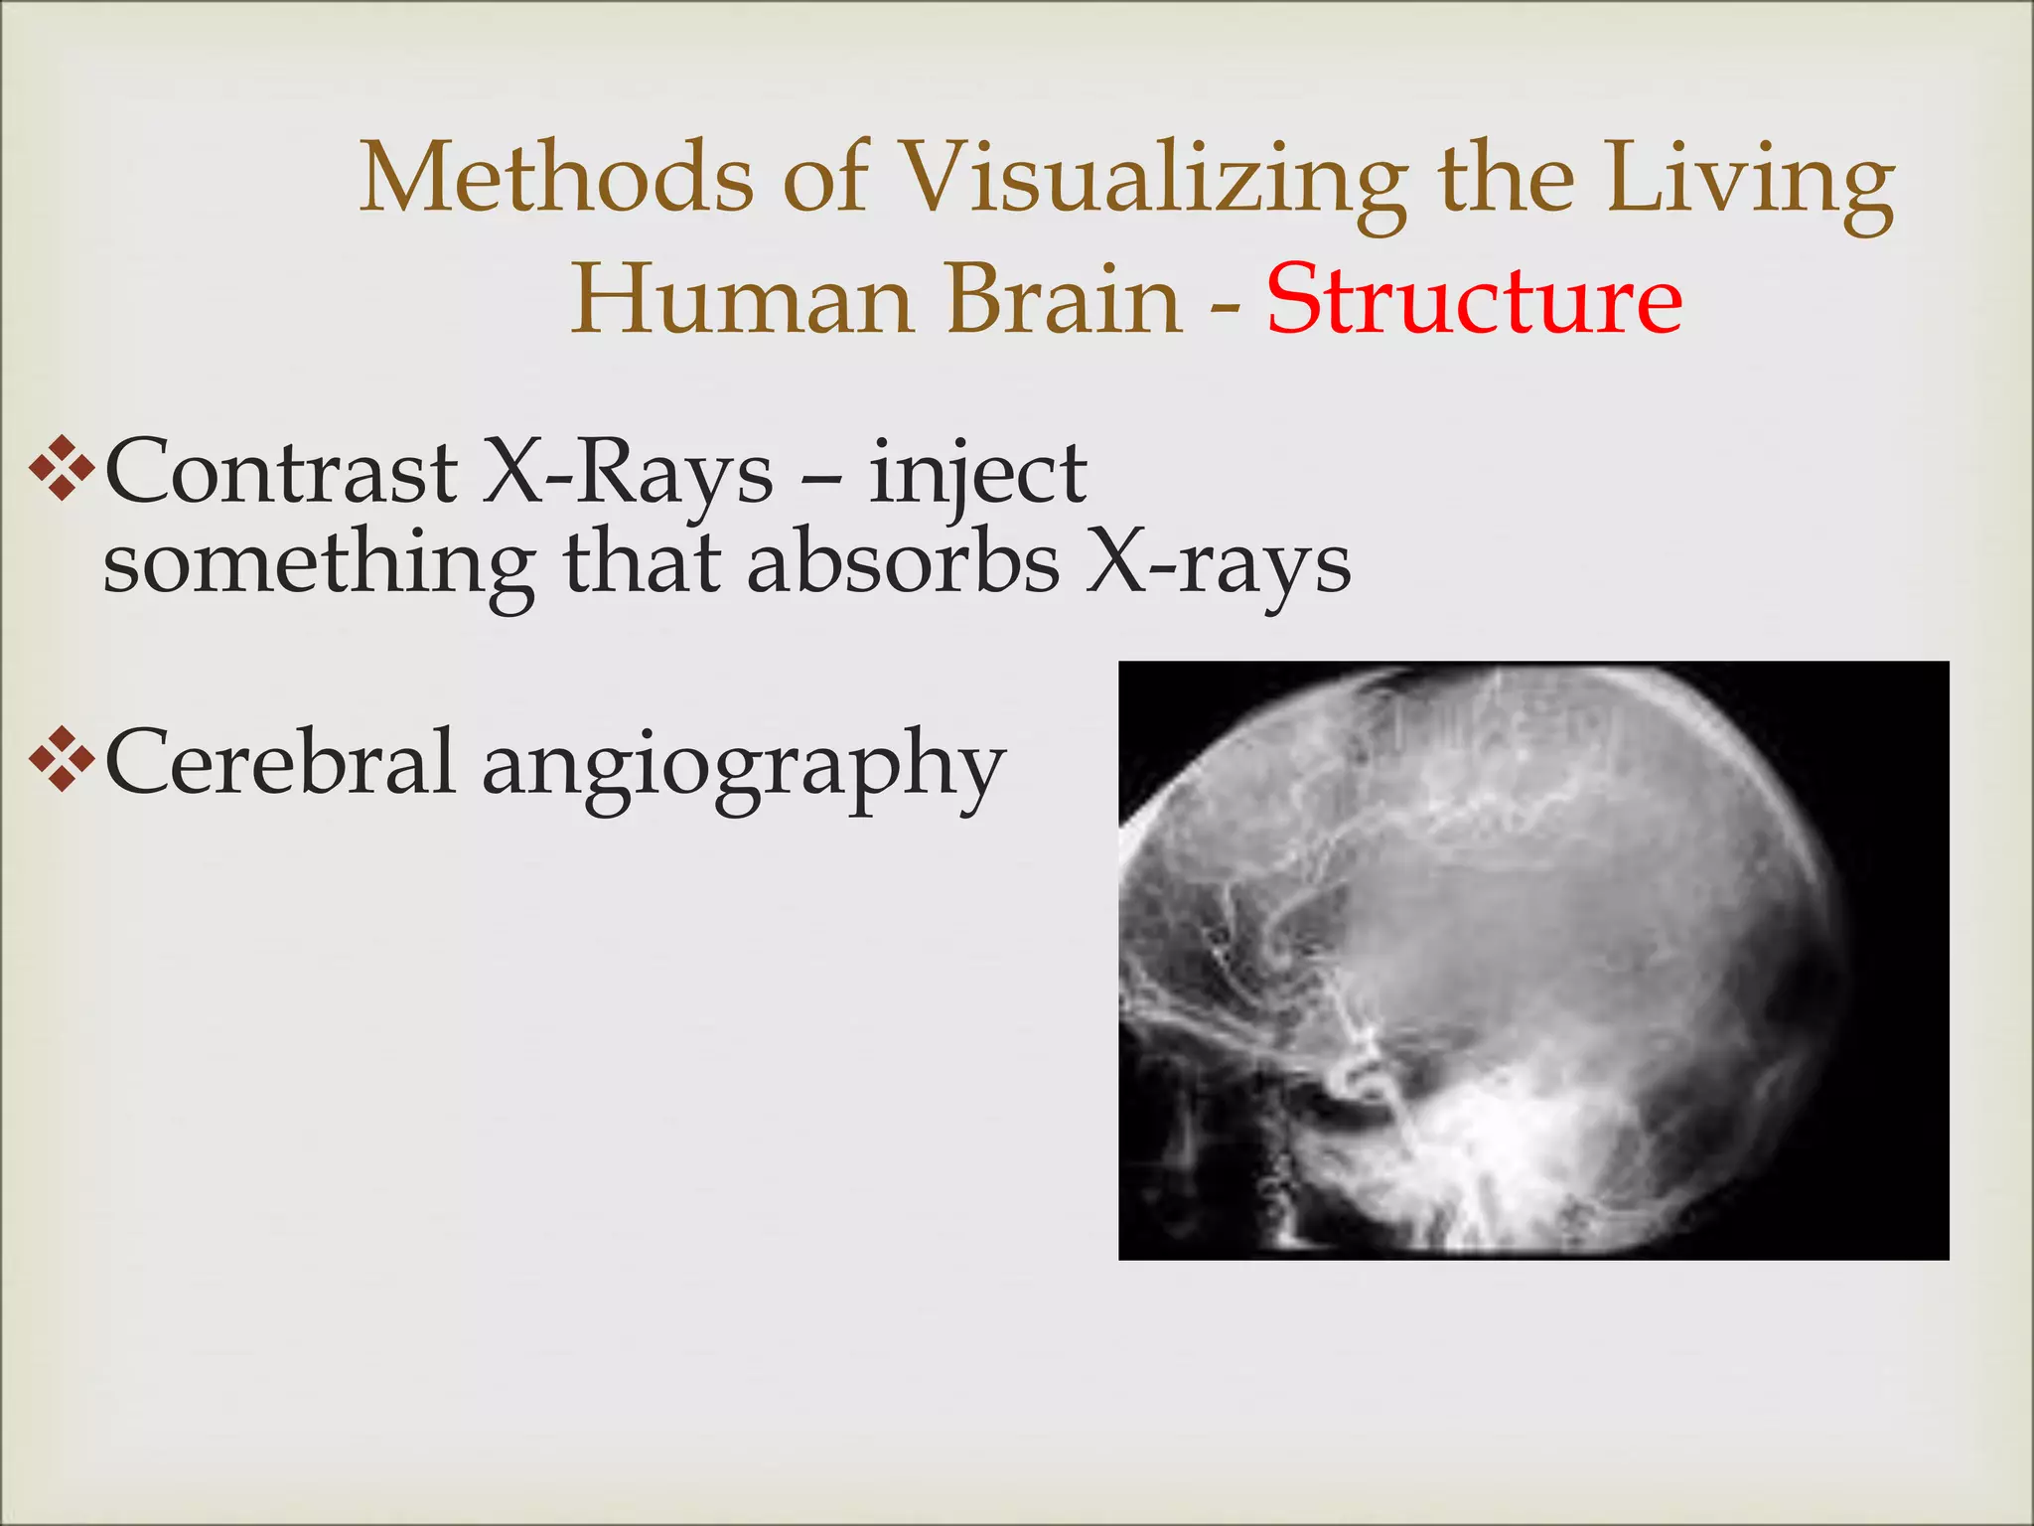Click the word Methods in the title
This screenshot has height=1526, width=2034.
(x=555, y=179)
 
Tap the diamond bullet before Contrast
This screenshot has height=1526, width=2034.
(x=62, y=466)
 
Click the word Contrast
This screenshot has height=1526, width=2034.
(x=280, y=473)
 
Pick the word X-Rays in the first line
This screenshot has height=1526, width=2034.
(x=627, y=473)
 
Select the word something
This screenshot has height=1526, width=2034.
(x=318, y=566)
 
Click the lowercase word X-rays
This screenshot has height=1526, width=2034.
(x=1218, y=566)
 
